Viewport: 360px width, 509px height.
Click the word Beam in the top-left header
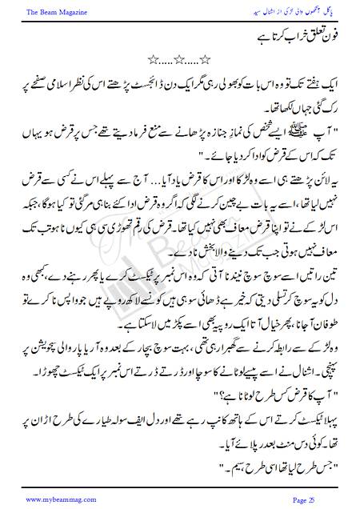[x=38, y=10]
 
